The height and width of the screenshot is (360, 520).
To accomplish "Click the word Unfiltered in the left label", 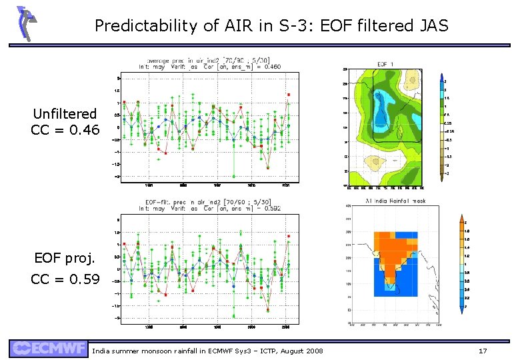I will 65,114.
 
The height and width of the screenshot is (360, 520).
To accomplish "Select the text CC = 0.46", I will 65,129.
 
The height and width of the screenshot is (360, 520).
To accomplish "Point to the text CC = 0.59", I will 65,279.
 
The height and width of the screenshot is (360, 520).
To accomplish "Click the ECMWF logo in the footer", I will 48,349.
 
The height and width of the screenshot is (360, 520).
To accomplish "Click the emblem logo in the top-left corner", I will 25,23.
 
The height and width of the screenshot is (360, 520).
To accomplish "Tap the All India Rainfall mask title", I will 395,201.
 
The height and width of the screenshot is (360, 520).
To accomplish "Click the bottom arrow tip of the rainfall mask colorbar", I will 462,313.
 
